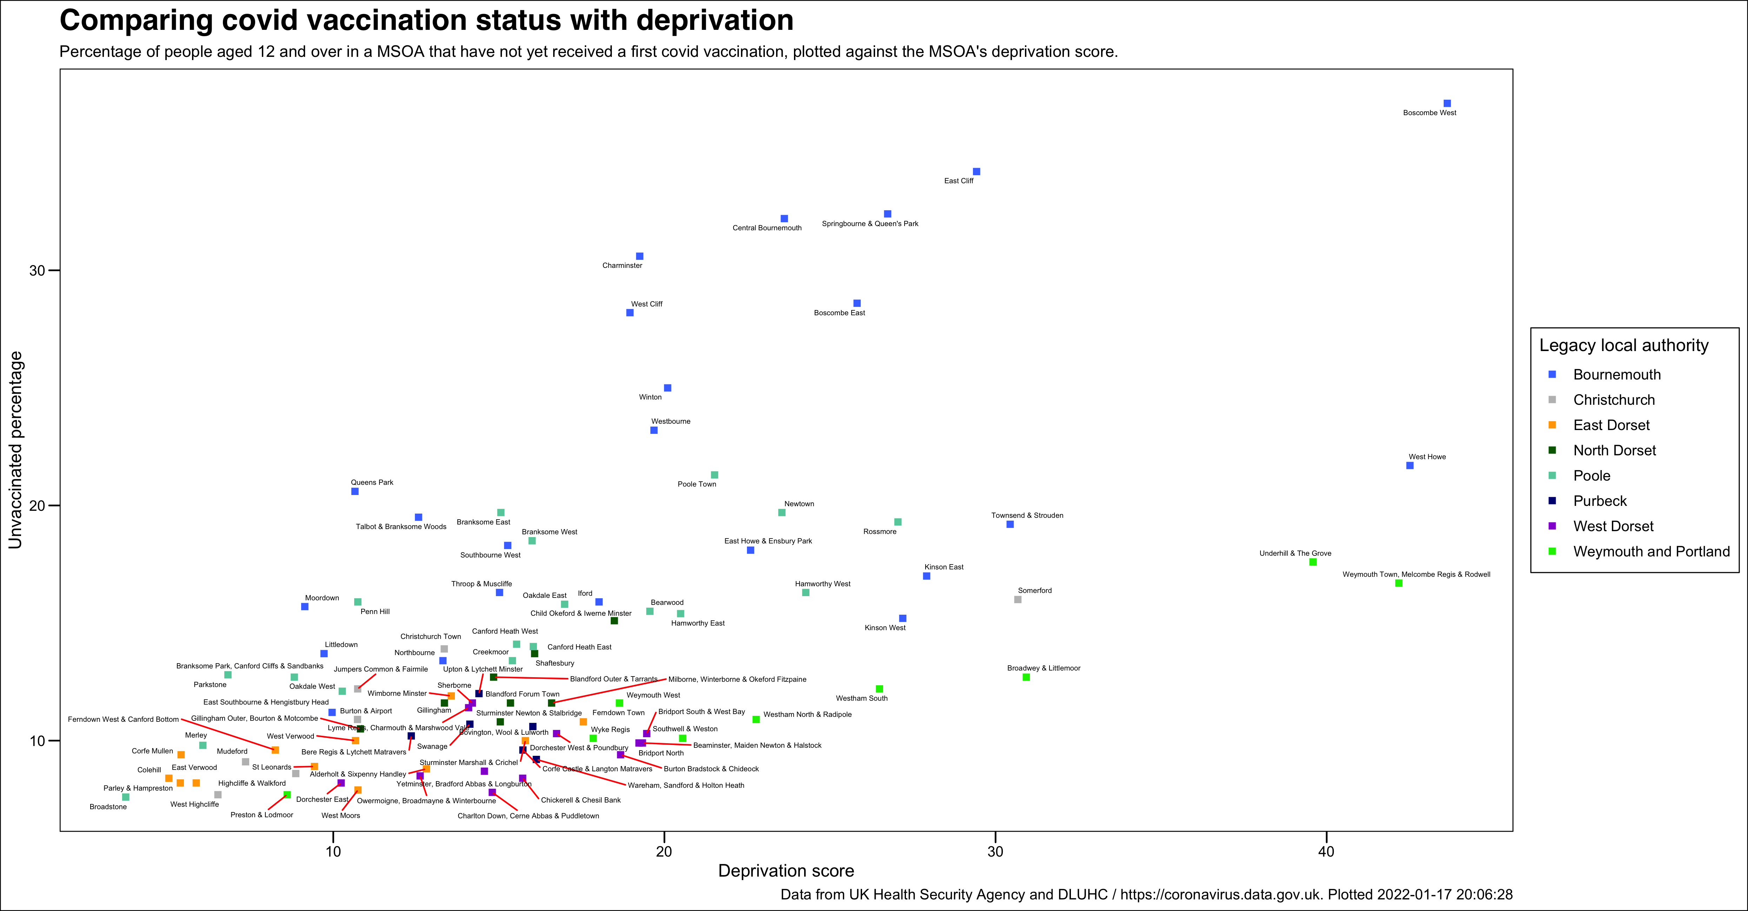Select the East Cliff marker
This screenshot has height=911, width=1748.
coord(976,172)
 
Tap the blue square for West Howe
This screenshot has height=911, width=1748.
coord(1409,466)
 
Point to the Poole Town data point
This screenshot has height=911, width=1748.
coord(714,475)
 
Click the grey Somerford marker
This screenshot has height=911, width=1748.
coord(1017,599)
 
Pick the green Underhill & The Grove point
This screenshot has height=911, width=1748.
coord(1312,562)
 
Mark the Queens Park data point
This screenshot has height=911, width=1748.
coord(355,491)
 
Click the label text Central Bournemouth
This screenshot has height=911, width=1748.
coord(767,228)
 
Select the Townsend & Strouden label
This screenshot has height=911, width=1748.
coord(1027,515)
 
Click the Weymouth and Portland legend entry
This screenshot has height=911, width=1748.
coord(1651,551)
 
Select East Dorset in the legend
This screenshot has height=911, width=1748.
coord(1611,425)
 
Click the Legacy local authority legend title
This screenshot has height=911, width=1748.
coord(1623,345)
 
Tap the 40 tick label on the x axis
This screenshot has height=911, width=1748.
coord(1325,851)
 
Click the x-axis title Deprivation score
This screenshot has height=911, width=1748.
coord(786,871)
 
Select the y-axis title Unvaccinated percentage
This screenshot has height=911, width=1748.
coord(15,450)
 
